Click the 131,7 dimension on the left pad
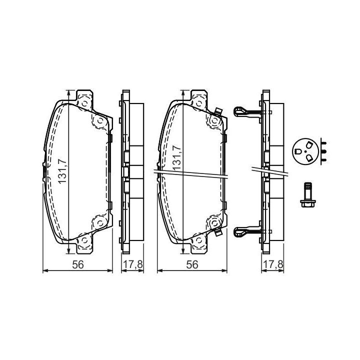click(x=62, y=171)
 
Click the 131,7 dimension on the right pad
click(x=176, y=157)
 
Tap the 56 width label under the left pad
click(x=78, y=264)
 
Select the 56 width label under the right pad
click(x=192, y=264)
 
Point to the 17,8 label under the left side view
click(x=133, y=264)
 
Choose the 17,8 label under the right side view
click(x=273, y=264)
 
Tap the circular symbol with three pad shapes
click(x=305, y=151)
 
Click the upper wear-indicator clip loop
click(x=239, y=111)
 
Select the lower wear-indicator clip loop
click(x=239, y=232)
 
